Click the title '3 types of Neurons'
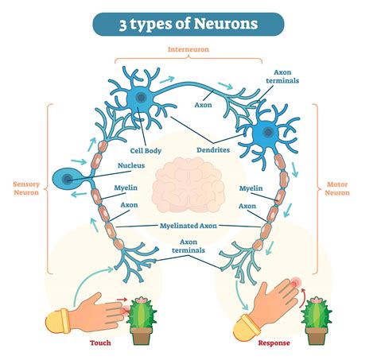[188, 23]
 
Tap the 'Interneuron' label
[188, 49]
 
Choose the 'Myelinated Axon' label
[188, 226]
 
